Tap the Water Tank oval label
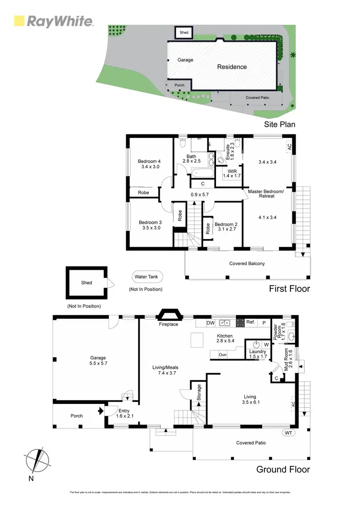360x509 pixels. tap(148, 277)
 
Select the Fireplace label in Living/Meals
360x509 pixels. tap(168, 325)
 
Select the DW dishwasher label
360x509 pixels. tap(210, 323)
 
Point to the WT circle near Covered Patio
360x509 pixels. tap(289, 432)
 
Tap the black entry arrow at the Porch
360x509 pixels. tap(100, 411)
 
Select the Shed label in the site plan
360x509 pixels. tap(184, 33)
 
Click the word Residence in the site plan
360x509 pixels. tap(232, 67)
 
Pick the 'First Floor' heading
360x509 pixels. tap(290, 289)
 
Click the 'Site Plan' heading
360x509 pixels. tap(280, 124)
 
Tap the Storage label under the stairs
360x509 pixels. tap(199, 392)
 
